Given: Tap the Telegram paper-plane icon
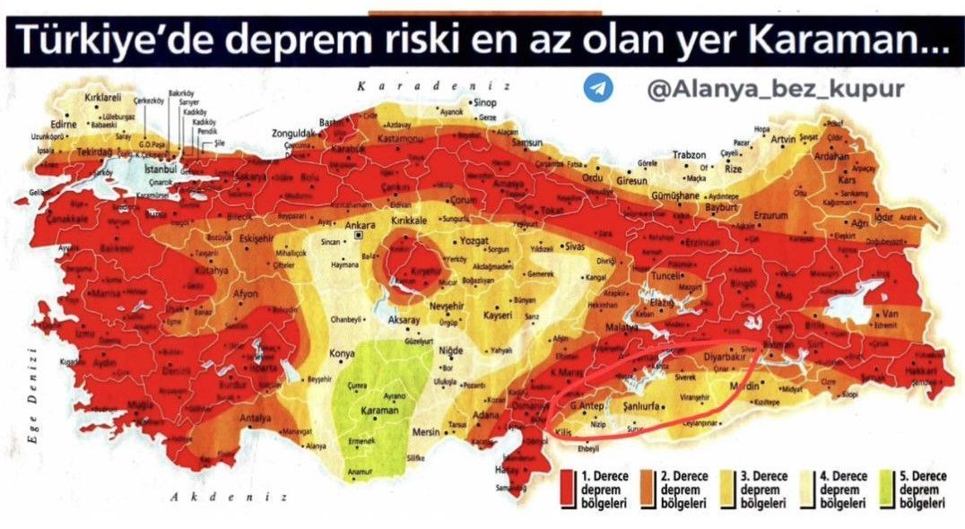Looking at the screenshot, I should point(597,88).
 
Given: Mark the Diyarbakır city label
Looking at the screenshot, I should point(707,353).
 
